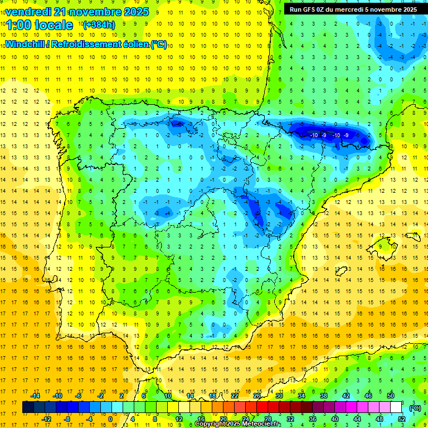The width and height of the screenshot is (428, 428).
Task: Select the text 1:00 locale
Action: pyautogui.click(x=40, y=25)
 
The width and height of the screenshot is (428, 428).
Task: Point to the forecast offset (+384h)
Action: pyautogui.click(x=99, y=25)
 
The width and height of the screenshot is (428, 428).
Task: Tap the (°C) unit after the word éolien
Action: pyautogui.click(x=158, y=45)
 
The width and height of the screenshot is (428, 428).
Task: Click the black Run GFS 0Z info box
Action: pyautogui.click(x=353, y=9)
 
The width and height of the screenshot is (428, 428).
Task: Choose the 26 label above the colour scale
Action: pyautogui.click(x=257, y=396)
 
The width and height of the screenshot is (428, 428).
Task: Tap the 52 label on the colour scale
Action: pyautogui.click(x=402, y=419)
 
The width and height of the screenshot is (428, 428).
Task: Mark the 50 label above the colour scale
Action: pyautogui.click(x=391, y=396)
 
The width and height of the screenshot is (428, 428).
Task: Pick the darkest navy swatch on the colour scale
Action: pyautogui.click(x=28, y=407)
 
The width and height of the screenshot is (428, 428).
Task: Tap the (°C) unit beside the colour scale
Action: pyautogui.click(x=415, y=407)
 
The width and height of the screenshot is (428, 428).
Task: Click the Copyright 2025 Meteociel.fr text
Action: pyautogui.click(x=238, y=424)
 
